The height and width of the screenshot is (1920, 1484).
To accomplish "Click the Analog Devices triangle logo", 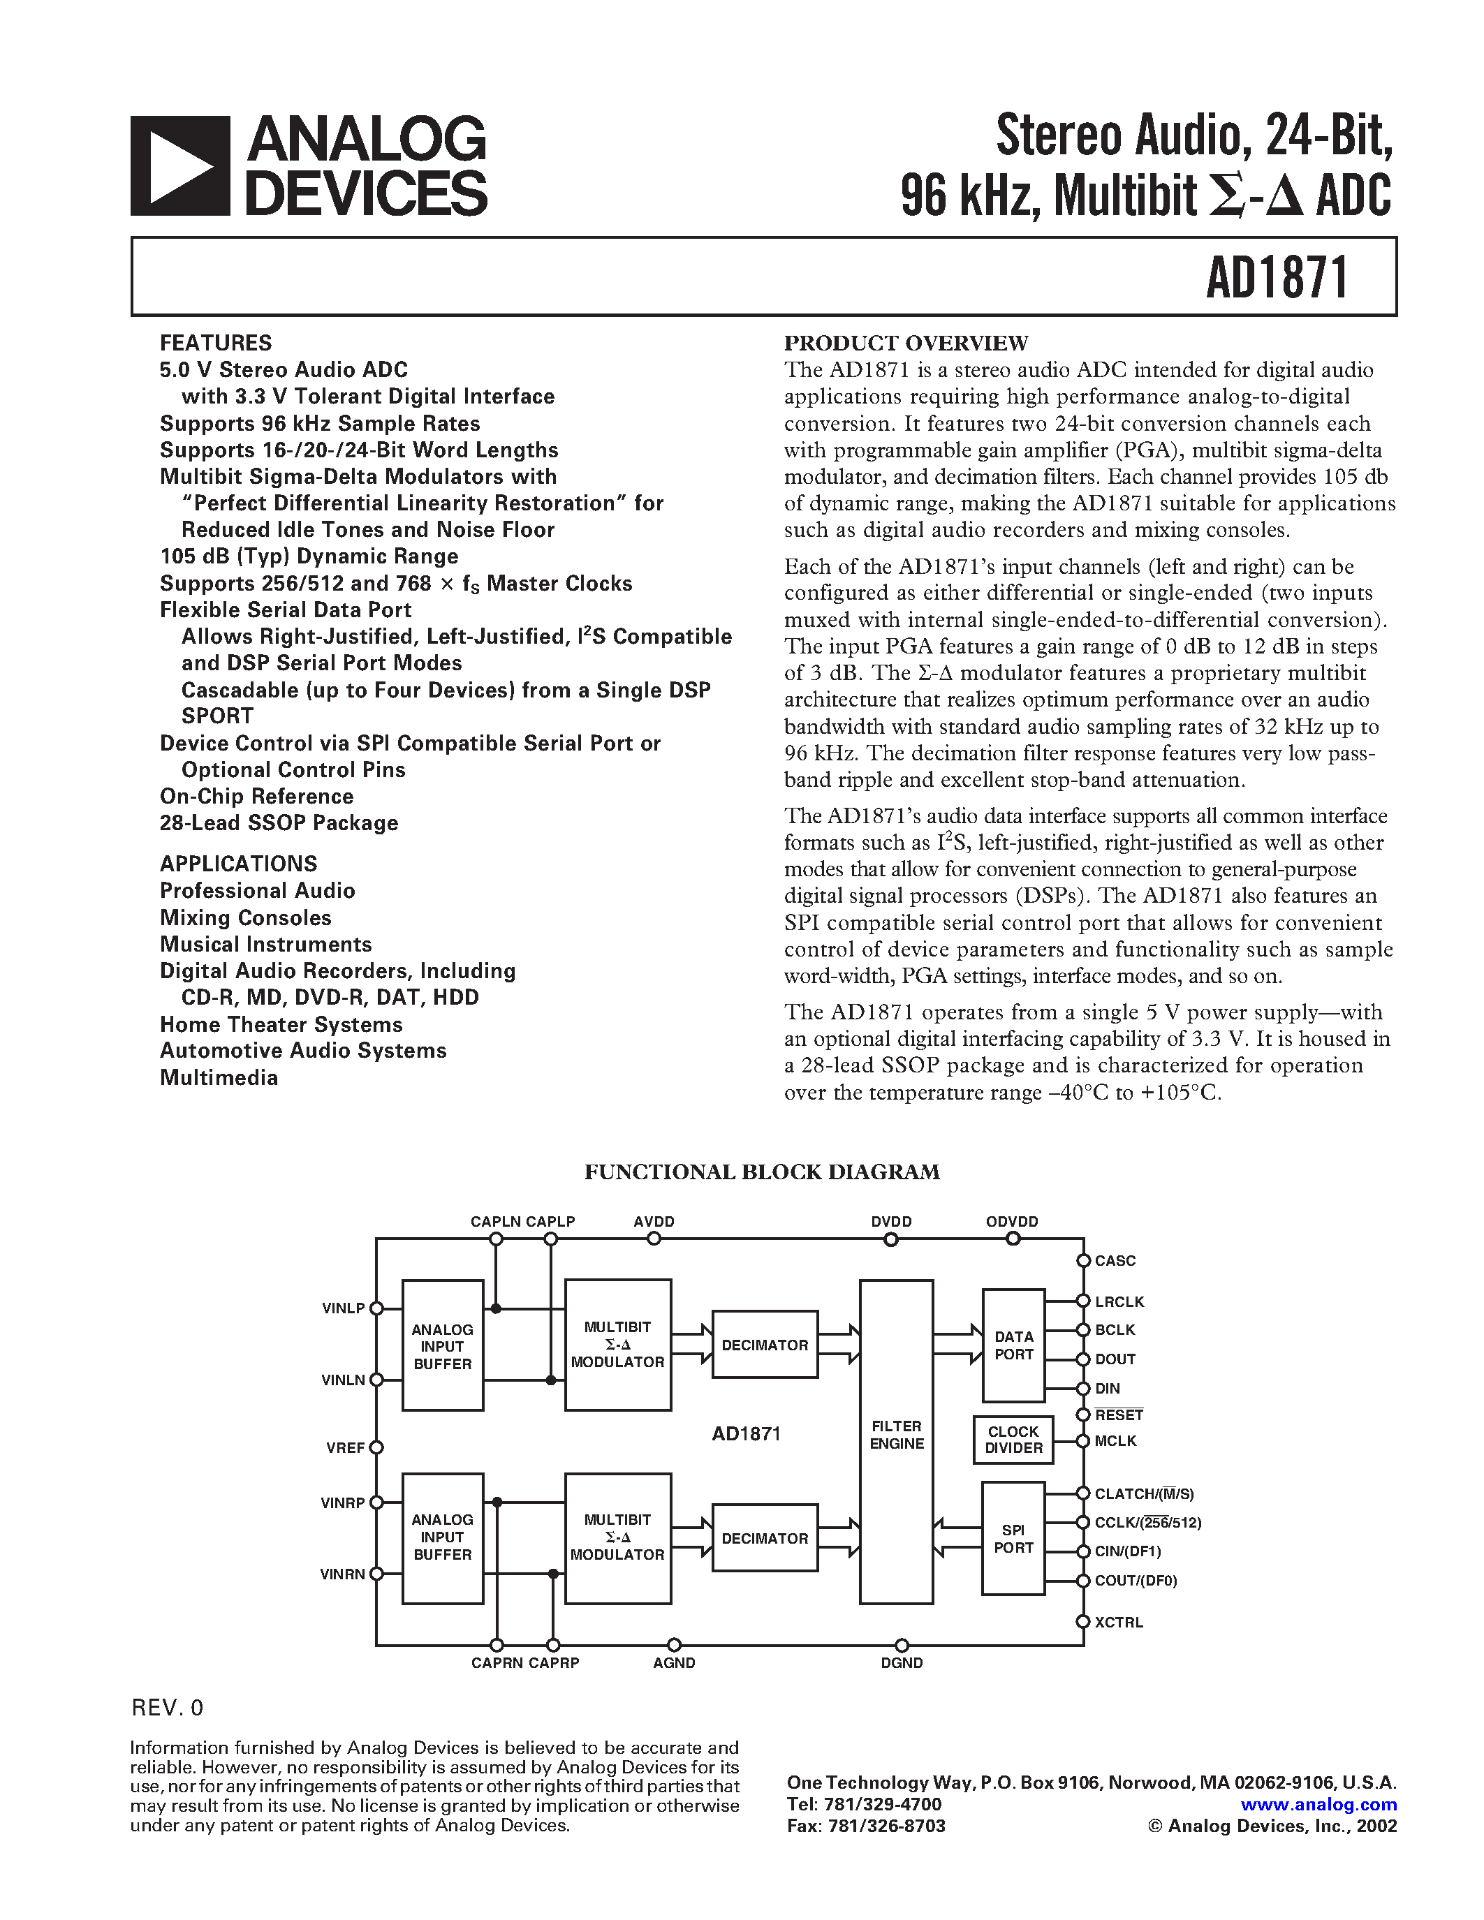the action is [180, 165].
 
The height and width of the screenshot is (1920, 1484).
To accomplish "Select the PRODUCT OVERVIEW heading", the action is [906, 343].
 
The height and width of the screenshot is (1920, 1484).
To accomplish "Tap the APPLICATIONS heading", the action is [238, 863].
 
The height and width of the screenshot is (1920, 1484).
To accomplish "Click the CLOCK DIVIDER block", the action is [1013, 1439].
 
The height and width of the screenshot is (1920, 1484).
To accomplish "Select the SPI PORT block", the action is [1013, 1539].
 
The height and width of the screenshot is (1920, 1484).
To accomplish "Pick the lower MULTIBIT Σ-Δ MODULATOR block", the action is [617, 1537].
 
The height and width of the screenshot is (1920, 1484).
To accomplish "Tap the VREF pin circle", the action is [376, 1448].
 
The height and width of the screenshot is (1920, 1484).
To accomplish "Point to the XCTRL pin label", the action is [1118, 1622].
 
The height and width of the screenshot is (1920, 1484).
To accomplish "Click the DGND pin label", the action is [901, 1663].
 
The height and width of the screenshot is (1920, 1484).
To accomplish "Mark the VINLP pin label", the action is [343, 1308].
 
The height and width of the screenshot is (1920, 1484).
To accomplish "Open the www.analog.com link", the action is [1318, 1804].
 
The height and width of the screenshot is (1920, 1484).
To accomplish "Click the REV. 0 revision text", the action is [167, 1707].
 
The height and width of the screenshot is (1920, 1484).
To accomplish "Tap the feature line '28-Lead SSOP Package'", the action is [279, 823].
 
